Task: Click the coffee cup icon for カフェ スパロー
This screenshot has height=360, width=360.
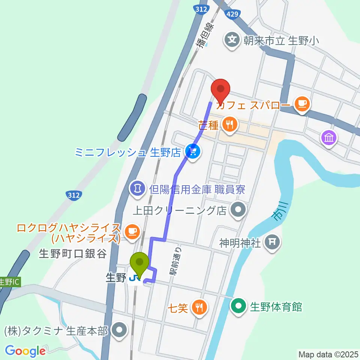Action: tap(302, 103)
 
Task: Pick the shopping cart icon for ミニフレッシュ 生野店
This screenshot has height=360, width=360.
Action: tap(193, 151)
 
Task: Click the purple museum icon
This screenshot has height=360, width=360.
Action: tap(329, 138)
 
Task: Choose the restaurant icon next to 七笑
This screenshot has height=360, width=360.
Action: tap(198, 307)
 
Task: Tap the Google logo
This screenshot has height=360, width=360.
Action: tap(25, 351)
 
